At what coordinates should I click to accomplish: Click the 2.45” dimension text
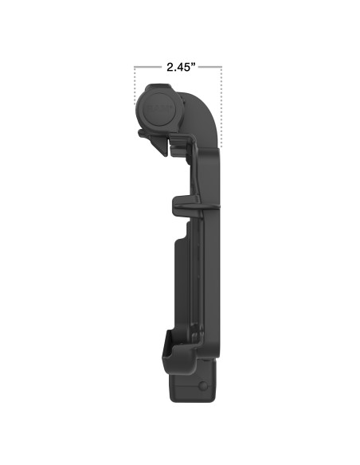point(178,68)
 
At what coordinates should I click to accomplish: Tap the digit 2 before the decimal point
point(169,68)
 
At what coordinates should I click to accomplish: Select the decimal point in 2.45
point(174,71)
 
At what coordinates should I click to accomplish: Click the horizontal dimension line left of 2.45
point(147,68)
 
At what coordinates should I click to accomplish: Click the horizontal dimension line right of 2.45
point(209,68)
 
